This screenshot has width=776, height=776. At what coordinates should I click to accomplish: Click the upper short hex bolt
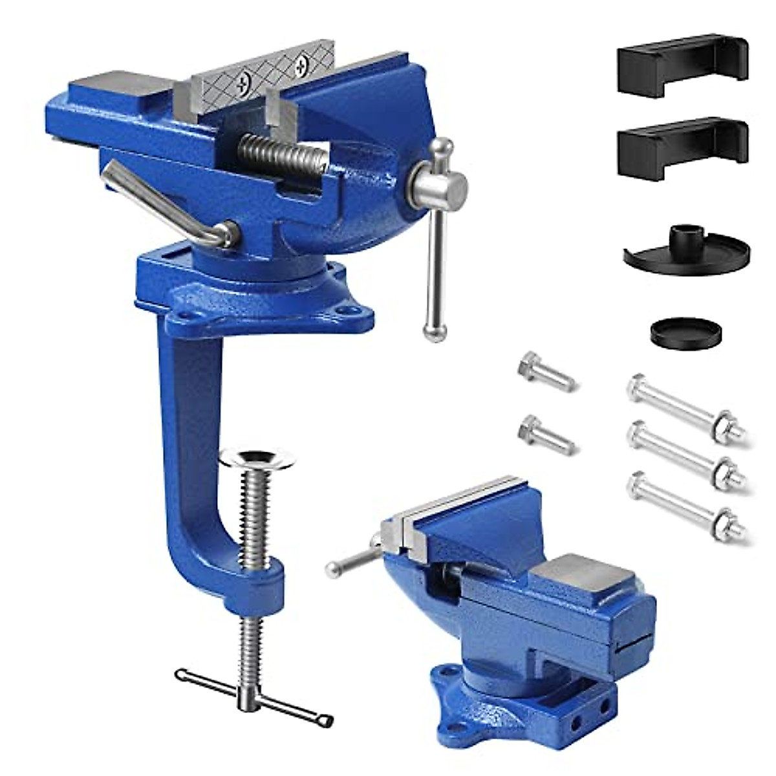546,372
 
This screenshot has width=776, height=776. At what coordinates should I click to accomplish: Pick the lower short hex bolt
546,433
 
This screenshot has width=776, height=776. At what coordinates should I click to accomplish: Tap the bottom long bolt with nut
685,504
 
